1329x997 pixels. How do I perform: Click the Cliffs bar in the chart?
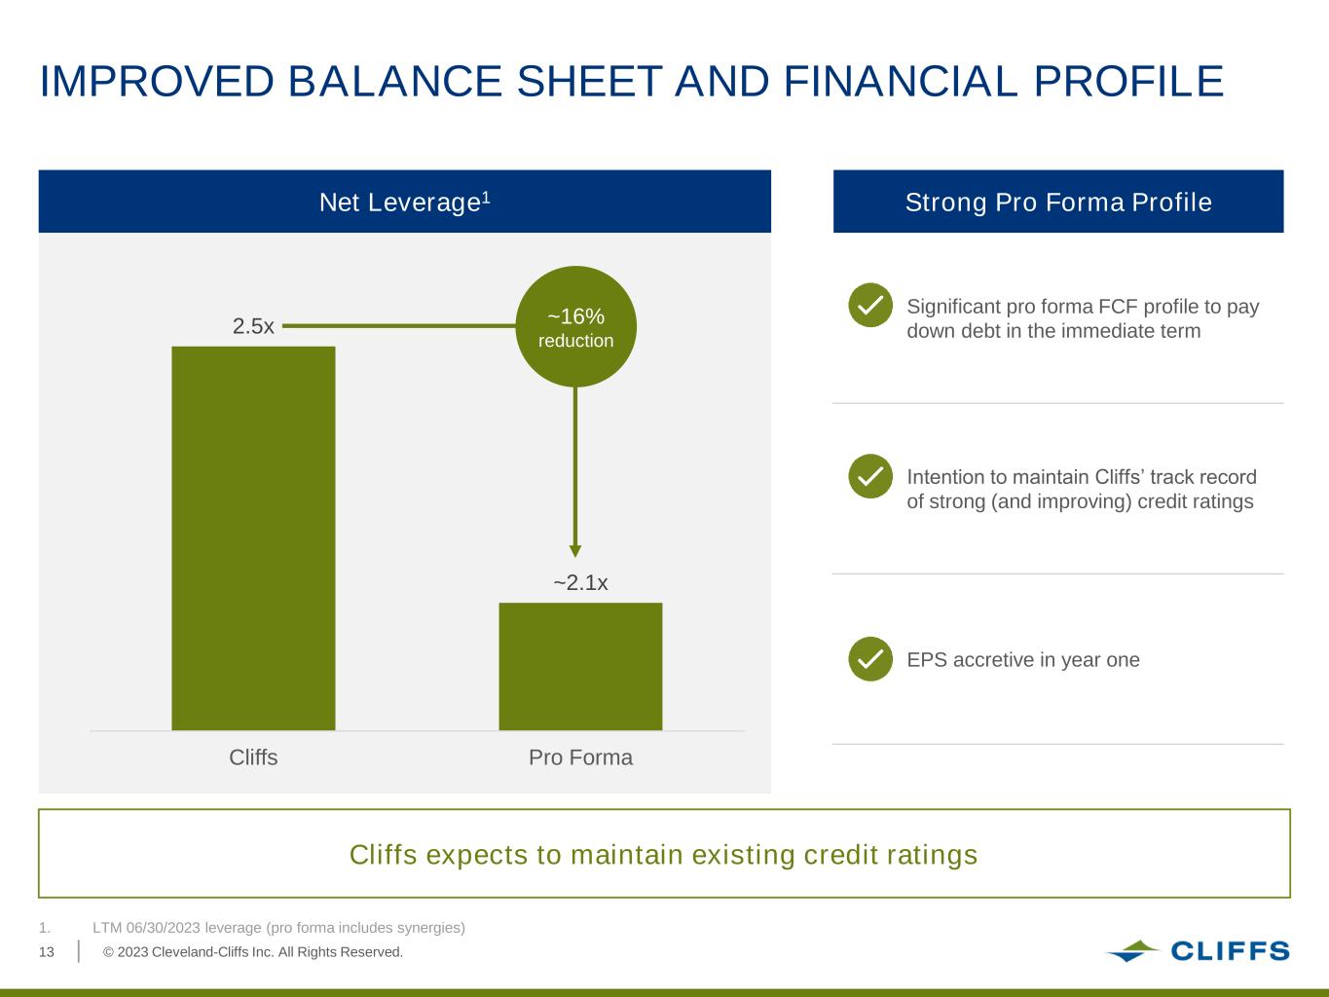pos(253,538)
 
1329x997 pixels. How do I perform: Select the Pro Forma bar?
pos(580,667)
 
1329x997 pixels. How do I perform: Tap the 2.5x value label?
pos(253,326)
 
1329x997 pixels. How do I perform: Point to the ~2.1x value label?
pos(580,582)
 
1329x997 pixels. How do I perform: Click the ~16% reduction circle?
pos(575,326)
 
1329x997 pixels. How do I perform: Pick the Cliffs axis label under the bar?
pos(253,757)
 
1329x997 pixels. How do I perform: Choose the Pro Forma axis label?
pos(580,757)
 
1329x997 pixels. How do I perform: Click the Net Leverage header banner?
pos(404,201)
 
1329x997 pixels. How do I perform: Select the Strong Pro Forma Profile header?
pos(1058,201)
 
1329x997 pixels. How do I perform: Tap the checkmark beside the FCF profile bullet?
pos(870,305)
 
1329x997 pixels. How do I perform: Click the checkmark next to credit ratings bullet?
pos(870,476)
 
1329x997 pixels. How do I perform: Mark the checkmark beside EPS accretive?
pos(870,658)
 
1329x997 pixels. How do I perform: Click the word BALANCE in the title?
pos(394,81)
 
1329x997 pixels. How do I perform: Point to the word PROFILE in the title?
pos(1128,81)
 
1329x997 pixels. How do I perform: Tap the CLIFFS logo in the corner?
pos(1198,951)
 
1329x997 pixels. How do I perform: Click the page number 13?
pos(47,952)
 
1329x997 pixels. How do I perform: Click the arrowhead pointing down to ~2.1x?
pos(575,551)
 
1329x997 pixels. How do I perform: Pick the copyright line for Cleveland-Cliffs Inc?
pos(253,952)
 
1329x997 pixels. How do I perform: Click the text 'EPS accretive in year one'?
pos(1023,659)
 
